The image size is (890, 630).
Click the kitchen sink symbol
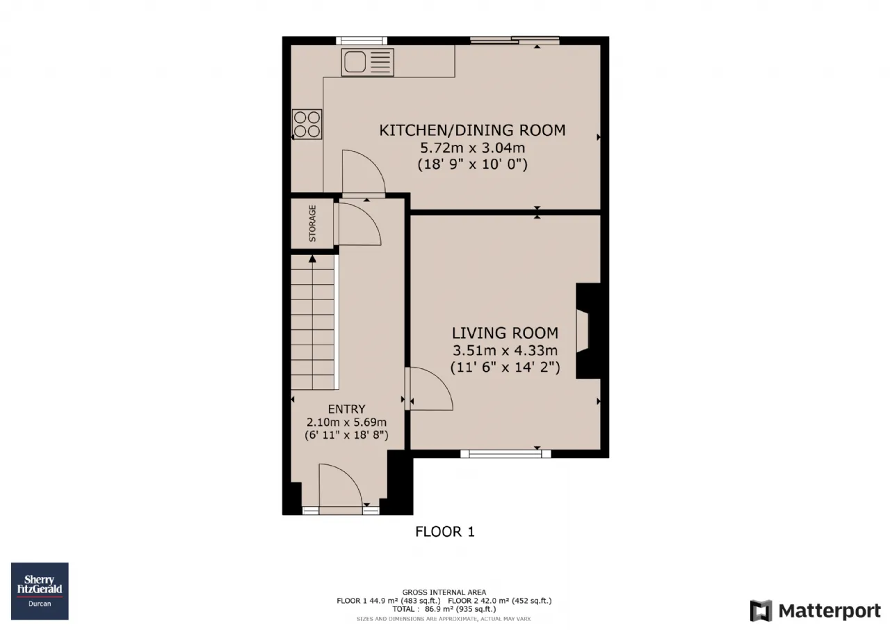tap(368, 62)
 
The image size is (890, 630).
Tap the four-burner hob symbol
tap(307, 124)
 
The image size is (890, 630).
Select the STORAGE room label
tap(313, 223)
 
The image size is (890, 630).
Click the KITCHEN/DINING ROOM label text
tap(472, 130)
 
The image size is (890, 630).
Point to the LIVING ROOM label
tap(505, 333)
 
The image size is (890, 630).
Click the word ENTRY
tap(346, 409)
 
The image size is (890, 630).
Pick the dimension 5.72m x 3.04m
tap(472, 148)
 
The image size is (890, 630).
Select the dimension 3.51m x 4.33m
tap(505, 350)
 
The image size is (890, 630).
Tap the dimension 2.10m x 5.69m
tap(346, 422)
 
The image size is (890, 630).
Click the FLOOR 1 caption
tap(445, 532)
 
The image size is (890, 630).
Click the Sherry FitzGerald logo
tap(40, 591)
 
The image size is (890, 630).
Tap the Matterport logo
tap(816, 611)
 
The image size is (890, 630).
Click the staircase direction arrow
tap(312, 259)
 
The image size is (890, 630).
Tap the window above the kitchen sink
tap(362, 40)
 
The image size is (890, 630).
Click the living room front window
tap(505, 454)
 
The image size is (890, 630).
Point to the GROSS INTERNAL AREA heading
tap(444, 592)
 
